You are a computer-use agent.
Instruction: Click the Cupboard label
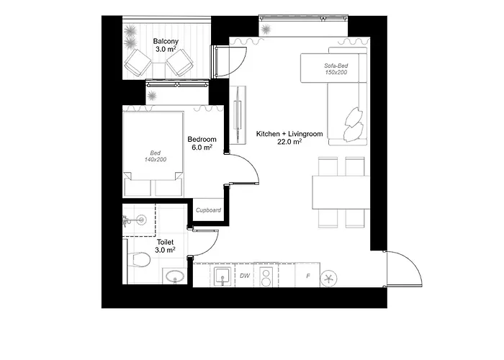208,210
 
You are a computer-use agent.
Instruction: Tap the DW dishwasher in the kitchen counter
245,276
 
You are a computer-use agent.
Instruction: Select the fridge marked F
308,276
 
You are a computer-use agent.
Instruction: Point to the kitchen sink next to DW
222,276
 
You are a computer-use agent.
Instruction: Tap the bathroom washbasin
174,276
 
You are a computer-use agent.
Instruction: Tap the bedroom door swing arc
245,169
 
